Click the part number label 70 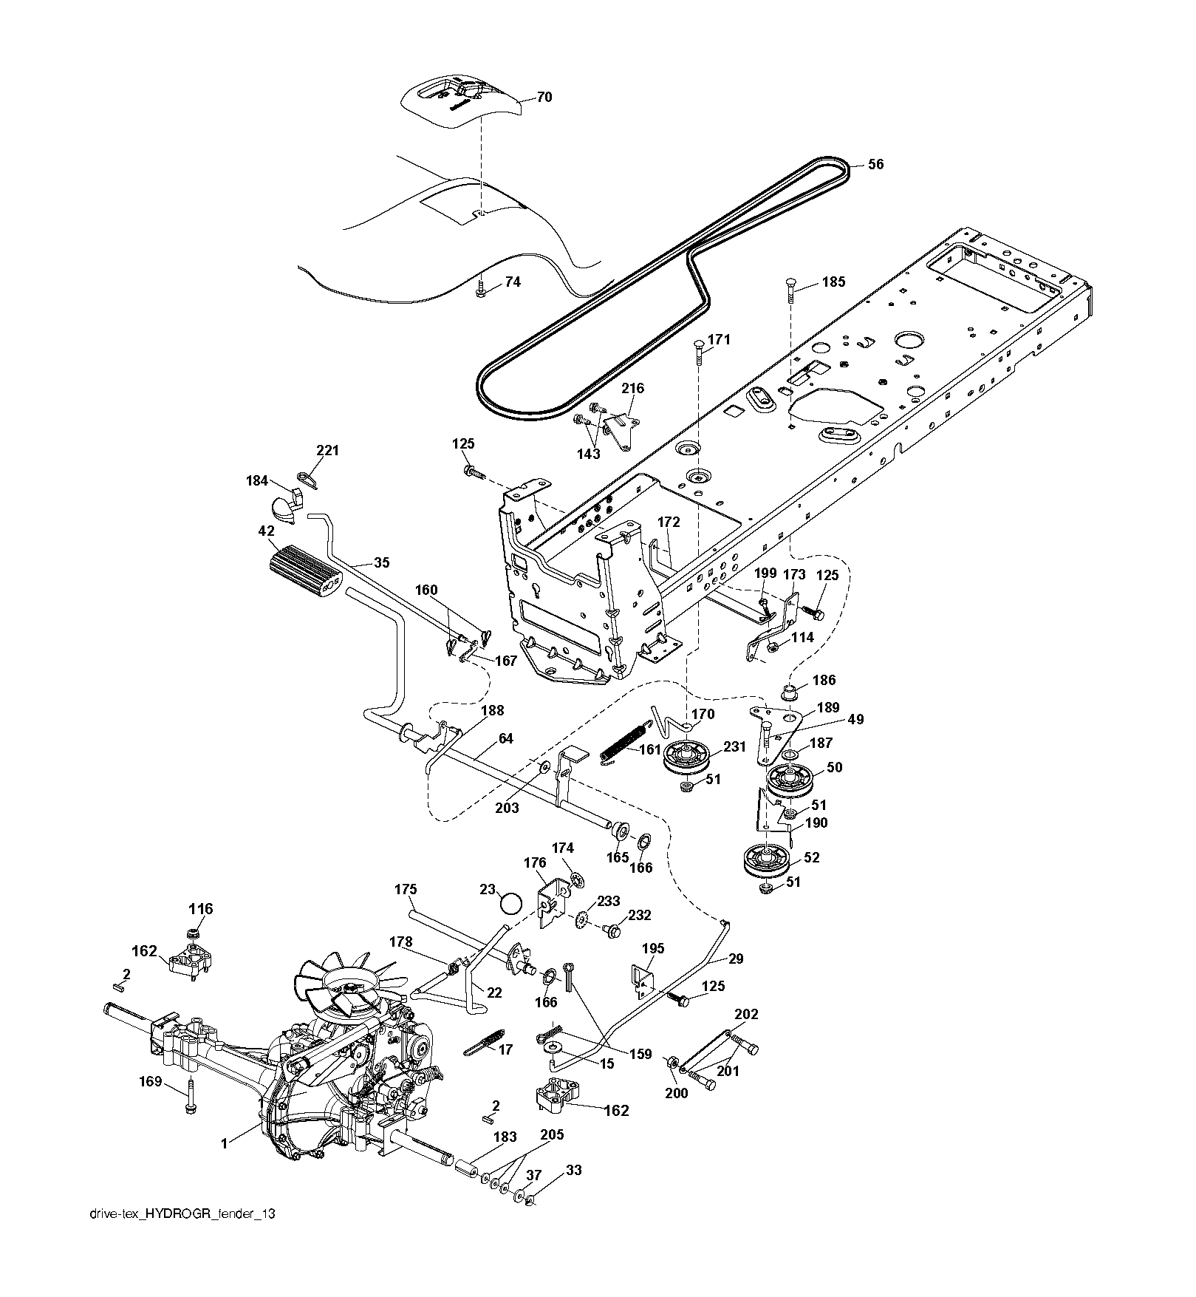544,97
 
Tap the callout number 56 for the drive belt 875,165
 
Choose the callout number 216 632,388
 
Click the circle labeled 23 510,903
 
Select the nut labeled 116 192,933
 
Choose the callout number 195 653,948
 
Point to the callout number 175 406,890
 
